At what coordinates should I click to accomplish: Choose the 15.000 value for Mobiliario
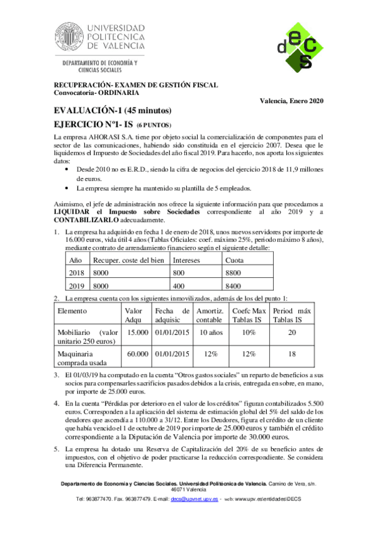(x=137, y=332)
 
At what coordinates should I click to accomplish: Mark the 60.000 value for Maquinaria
(x=137, y=354)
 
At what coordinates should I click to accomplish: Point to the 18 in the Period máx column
(x=291, y=354)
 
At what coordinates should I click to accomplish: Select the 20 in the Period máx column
(x=291, y=332)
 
